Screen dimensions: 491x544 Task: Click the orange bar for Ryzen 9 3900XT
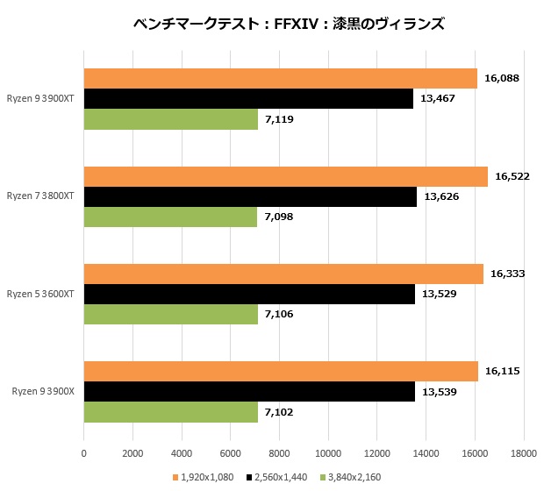coord(281,79)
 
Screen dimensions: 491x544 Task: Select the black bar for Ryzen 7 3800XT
coord(250,196)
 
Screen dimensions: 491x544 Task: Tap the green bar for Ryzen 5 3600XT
coord(171,314)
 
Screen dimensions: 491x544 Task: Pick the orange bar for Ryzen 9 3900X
coord(281,371)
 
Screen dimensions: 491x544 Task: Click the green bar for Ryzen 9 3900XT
coord(171,119)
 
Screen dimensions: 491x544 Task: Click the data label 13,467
coord(438,99)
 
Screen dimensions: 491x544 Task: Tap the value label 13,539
coord(440,391)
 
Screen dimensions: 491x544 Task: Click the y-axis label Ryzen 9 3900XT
coord(41,99)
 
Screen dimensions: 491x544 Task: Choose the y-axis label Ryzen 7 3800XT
coord(41,196)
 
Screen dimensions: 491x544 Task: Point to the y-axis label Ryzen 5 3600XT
coord(41,294)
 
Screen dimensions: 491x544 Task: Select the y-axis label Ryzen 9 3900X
coord(44,391)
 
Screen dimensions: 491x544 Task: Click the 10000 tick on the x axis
coord(328,453)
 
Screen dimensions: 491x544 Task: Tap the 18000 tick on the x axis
coord(524,453)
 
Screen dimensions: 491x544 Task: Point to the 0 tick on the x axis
coord(83,453)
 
